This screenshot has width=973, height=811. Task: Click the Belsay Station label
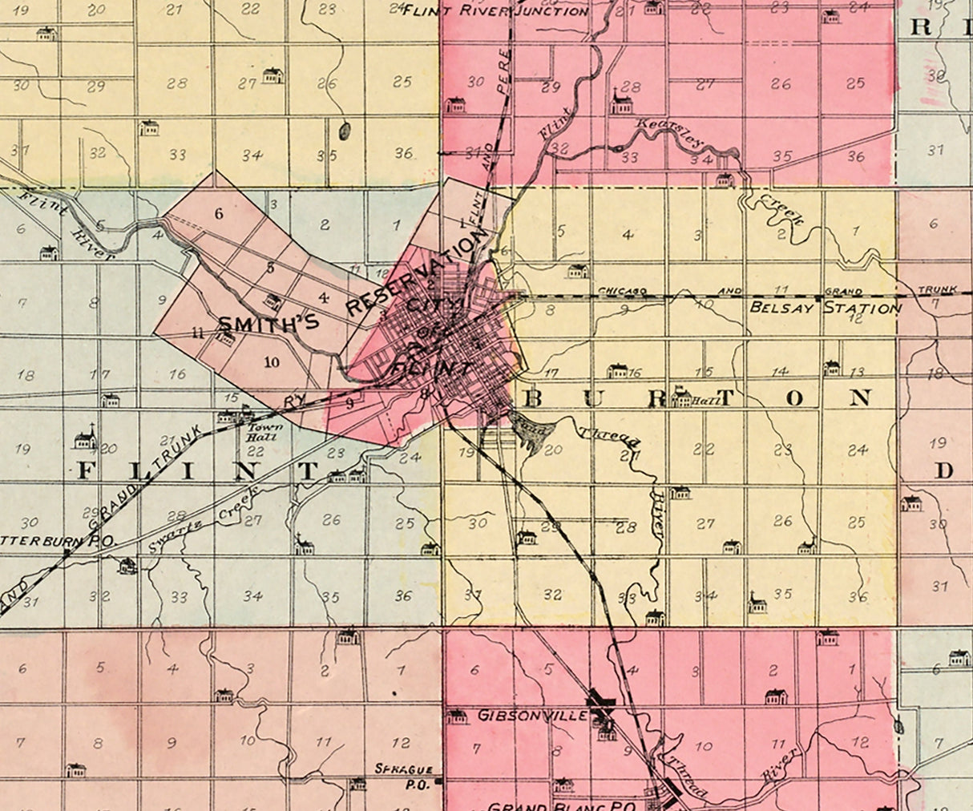coord(825,308)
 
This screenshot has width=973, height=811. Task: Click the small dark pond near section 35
coord(345,130)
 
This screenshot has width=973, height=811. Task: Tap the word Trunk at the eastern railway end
coord(932,292)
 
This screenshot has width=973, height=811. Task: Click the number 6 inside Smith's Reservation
coord(217,213)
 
